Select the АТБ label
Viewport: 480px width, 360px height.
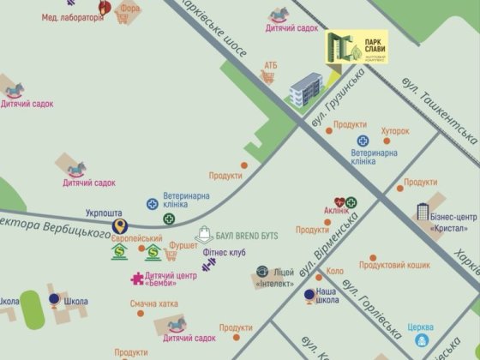[270, 65]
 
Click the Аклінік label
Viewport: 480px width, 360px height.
[336, 211]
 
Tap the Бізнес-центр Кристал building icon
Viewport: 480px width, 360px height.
[424, 212]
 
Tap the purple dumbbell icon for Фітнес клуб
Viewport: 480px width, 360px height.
[209, 266]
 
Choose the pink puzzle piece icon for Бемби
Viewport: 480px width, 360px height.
[135, 278]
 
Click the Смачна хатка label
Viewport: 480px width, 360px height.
[154, 304]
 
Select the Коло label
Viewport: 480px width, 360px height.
[334, 272]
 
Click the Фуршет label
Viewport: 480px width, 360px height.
[183, 245]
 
